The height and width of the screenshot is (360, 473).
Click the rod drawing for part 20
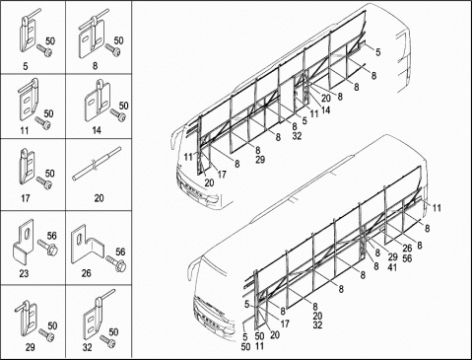(97, 164)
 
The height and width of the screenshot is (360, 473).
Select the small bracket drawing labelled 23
(23, 241)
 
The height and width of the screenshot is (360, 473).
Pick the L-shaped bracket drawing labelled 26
(87, 244)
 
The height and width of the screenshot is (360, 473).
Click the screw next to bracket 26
(116, 264)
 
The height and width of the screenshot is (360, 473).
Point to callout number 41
(392, 267)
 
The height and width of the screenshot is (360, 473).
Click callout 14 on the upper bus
(325, 109)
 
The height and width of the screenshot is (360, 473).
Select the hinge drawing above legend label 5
(29, 32)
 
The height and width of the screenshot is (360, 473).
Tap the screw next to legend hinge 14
(118, 115)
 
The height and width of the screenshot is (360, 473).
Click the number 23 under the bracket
(24, 273)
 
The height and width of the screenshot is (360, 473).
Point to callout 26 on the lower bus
(407, 249)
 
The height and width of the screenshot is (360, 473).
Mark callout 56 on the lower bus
(407, 258)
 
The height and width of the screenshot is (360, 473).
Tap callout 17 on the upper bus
(222, 174)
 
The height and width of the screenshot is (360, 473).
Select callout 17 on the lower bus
(285, 324)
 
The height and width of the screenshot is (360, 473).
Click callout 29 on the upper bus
(260, 160)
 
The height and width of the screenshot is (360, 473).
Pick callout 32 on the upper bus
(297, 136)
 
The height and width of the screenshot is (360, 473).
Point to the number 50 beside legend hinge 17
(49, 174)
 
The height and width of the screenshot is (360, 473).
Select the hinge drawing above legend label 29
(27, 319)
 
